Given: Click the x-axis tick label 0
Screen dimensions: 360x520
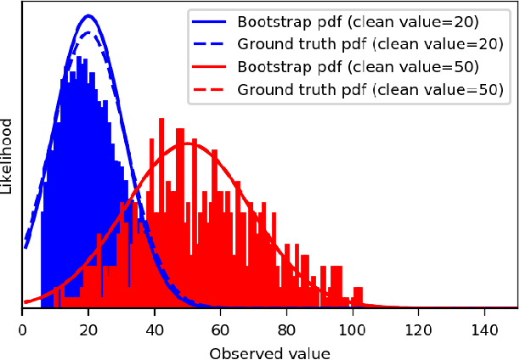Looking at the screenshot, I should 22,325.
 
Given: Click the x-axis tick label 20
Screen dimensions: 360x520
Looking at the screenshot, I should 88,325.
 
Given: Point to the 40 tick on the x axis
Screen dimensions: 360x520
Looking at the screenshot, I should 155,325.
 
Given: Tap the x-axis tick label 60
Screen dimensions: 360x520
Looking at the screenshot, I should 221,325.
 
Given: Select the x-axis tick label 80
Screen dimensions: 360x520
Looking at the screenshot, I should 286,325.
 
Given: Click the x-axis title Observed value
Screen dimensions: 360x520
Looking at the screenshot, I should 269,350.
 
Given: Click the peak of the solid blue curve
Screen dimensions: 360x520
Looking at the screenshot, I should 88,15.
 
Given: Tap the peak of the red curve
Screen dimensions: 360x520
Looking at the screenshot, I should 188,143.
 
